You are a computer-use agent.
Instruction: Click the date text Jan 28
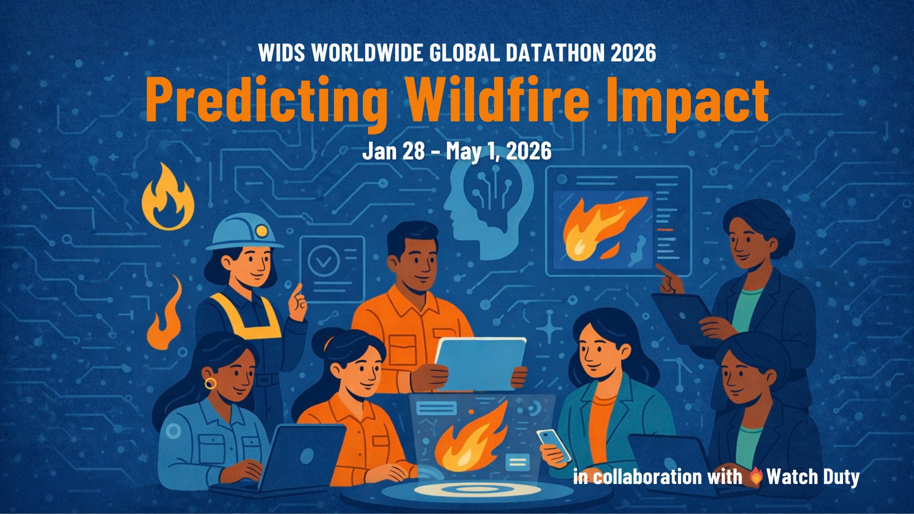pos(393,151)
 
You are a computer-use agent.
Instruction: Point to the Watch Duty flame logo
pos(756,476)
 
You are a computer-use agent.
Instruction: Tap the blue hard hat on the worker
pos(245,231)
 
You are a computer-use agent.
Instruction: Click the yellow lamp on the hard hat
pos(261,231)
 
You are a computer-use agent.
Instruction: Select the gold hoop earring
pos(210,383)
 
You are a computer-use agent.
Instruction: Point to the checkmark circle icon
pos(324,261)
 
